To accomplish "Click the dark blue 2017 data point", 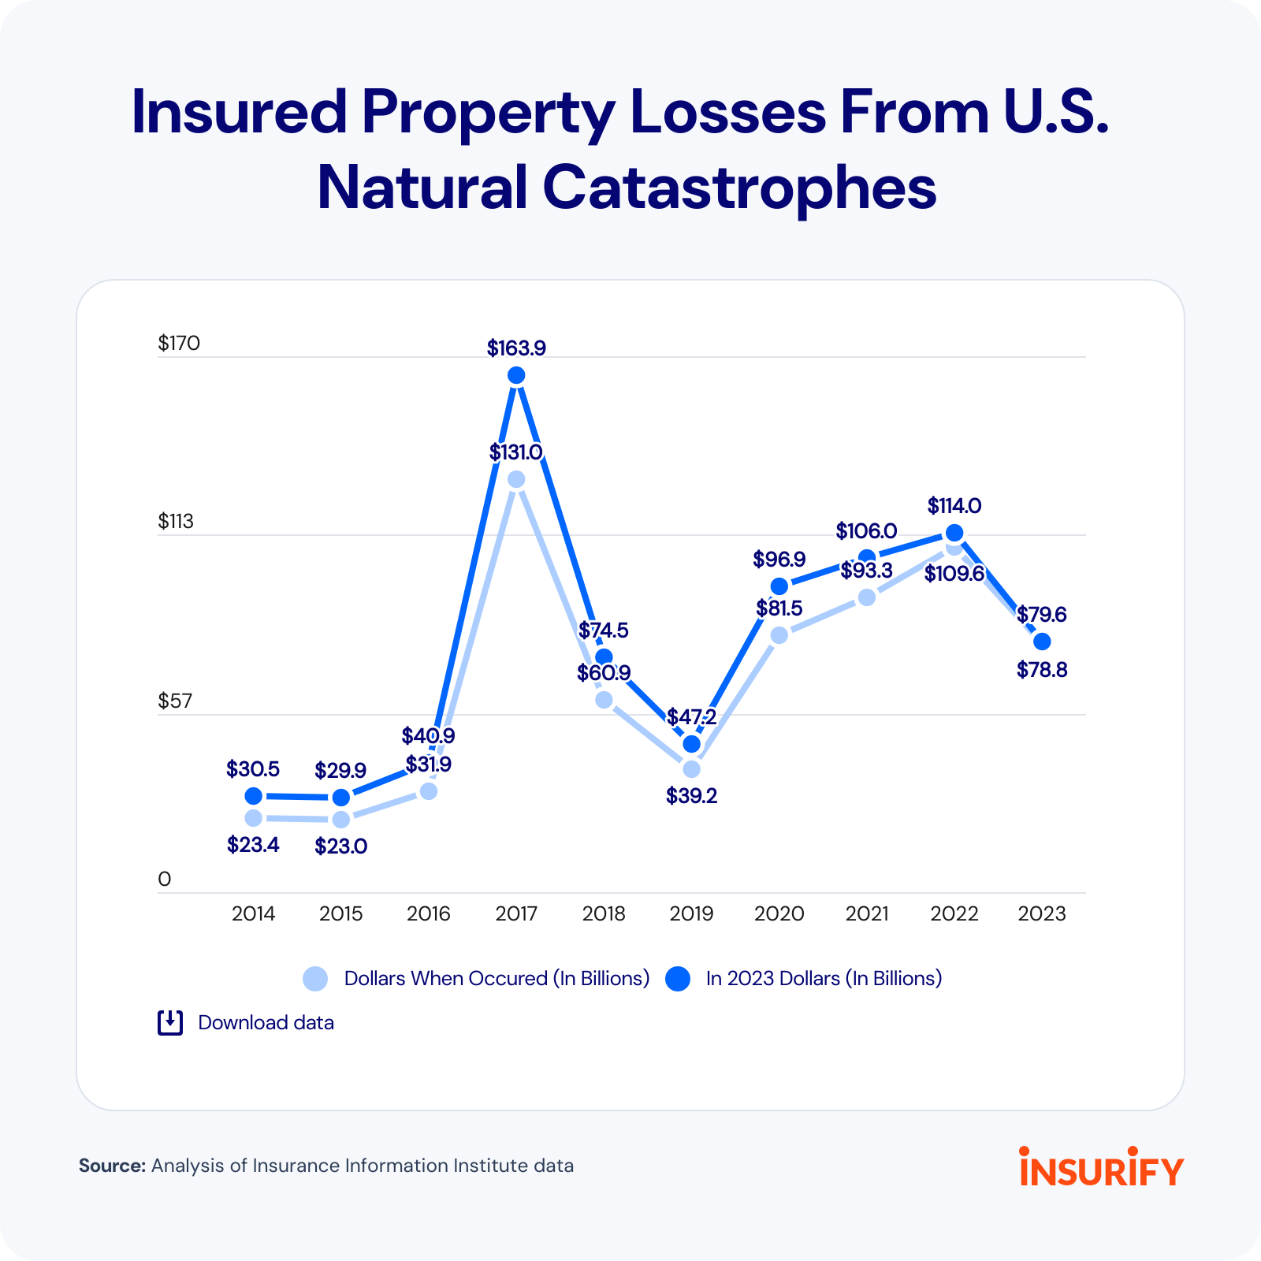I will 516,375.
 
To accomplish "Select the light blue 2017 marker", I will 516,480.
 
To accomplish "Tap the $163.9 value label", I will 516,348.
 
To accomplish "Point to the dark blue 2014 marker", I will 253,796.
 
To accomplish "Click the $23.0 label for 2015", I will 340,846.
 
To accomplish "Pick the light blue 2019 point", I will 691,769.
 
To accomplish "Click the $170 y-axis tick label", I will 179,343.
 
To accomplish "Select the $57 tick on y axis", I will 175,701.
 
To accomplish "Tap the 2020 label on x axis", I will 779,913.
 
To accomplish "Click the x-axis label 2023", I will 1041,913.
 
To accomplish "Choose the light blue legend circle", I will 315,979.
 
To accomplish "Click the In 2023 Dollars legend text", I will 824,978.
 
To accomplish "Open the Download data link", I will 266,1022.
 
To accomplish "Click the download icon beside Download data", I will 170,1022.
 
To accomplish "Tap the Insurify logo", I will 1101,1167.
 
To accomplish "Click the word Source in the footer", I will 112,1166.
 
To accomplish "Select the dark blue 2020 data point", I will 779,586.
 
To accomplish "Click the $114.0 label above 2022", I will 954,505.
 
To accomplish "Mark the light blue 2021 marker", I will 866,597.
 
